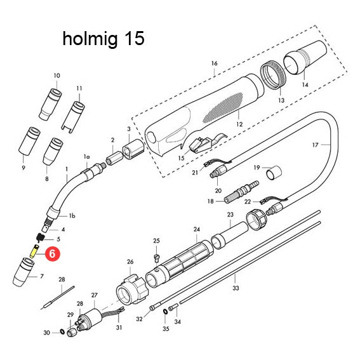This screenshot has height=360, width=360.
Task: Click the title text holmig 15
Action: coord(103,39)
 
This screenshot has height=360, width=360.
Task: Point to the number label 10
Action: coord(57,76)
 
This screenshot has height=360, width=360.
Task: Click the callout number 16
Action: coord(214,63)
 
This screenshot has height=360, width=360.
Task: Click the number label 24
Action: coord(197,229)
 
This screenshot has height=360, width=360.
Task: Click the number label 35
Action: coord(166,330)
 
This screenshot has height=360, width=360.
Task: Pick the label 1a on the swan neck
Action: coord(87,156)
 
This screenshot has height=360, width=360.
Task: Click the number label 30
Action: coord(46,333)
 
